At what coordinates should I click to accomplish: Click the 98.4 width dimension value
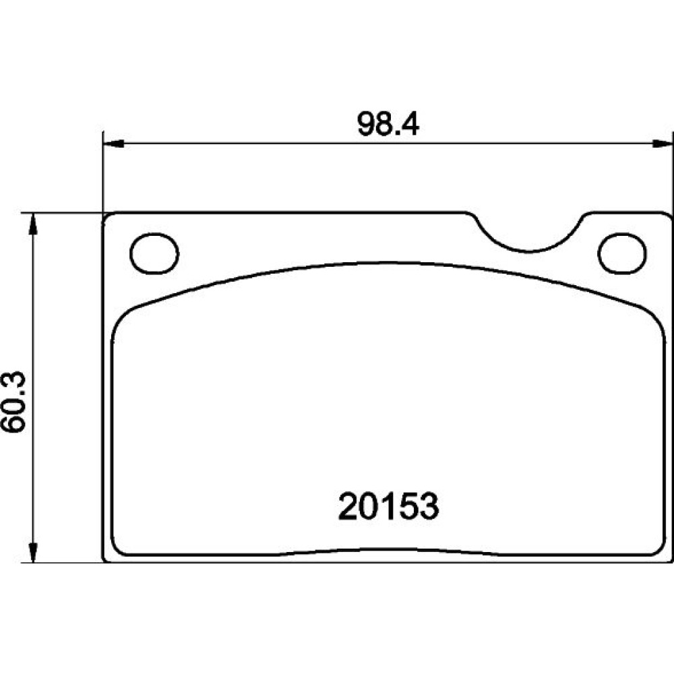pyautogui.click(x=388, y=124)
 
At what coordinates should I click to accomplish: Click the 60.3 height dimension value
pyautogui.click(x=13, y=402)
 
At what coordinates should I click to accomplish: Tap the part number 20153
pyautogui.click(x=389, y=507)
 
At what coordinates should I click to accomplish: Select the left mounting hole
pyautogui.click(x=154, y=253)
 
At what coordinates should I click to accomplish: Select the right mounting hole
pyautogui.click(x=621, y=253)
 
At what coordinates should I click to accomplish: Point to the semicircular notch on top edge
pyautogui.click(x=529, y=251)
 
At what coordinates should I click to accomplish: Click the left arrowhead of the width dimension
pyautogui.click(x=114, y=144)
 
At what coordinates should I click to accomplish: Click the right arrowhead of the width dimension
pyautogui.click(x=663, y=144)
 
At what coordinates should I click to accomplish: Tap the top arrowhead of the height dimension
pyautogui.click(x=32, y=224)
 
